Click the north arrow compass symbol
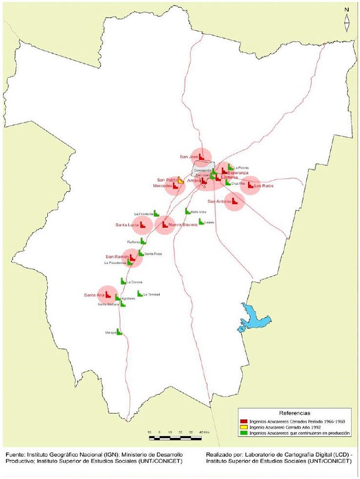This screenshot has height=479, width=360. pos(347,21)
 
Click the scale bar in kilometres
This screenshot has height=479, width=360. pos(175,437)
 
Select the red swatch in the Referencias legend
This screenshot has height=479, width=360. pos(244,420)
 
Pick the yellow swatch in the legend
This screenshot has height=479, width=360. pos(244,427)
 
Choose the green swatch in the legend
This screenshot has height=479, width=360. pos(244,433)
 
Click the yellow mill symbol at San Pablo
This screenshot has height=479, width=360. pos(180,181)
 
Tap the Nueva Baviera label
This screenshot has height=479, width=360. pos(183,225)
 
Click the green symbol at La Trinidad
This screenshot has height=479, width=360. pos(140,293)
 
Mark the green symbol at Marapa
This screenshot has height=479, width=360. pos(119,332)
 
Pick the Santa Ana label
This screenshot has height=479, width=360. pos(93,295)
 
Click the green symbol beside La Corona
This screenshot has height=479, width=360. pos(123,281)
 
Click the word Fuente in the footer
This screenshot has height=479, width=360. pos(17,455)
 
